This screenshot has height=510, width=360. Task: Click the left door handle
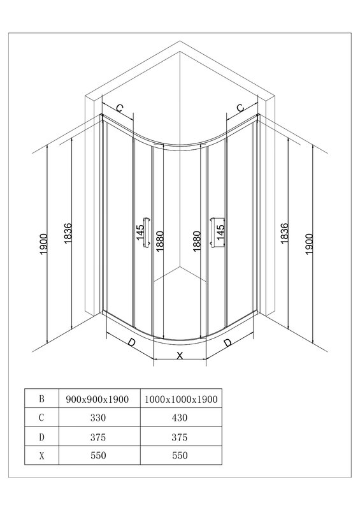pos(147,233)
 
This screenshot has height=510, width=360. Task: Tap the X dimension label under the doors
pos(180,356)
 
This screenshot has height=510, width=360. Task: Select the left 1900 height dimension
pos(44,244)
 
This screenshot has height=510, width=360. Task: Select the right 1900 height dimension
pos(309,244)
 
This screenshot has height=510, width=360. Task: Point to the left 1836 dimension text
pos(68,233)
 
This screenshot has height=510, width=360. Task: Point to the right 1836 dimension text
pos(285,233)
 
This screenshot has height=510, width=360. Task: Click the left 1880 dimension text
pos(160,241)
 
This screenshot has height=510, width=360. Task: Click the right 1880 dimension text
pos(197,241)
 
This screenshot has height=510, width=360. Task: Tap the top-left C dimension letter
pos(120,108)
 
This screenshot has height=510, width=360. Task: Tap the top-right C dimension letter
pos(240,108)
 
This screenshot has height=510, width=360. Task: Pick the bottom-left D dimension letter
pos(131,342)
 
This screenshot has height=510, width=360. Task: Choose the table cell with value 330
pos(99,418)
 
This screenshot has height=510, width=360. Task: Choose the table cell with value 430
pos(181,418)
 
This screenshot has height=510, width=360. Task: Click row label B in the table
pos(41,398)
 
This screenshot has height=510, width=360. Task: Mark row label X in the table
pos(41,455)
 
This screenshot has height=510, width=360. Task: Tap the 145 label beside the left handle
pos(140,233)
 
